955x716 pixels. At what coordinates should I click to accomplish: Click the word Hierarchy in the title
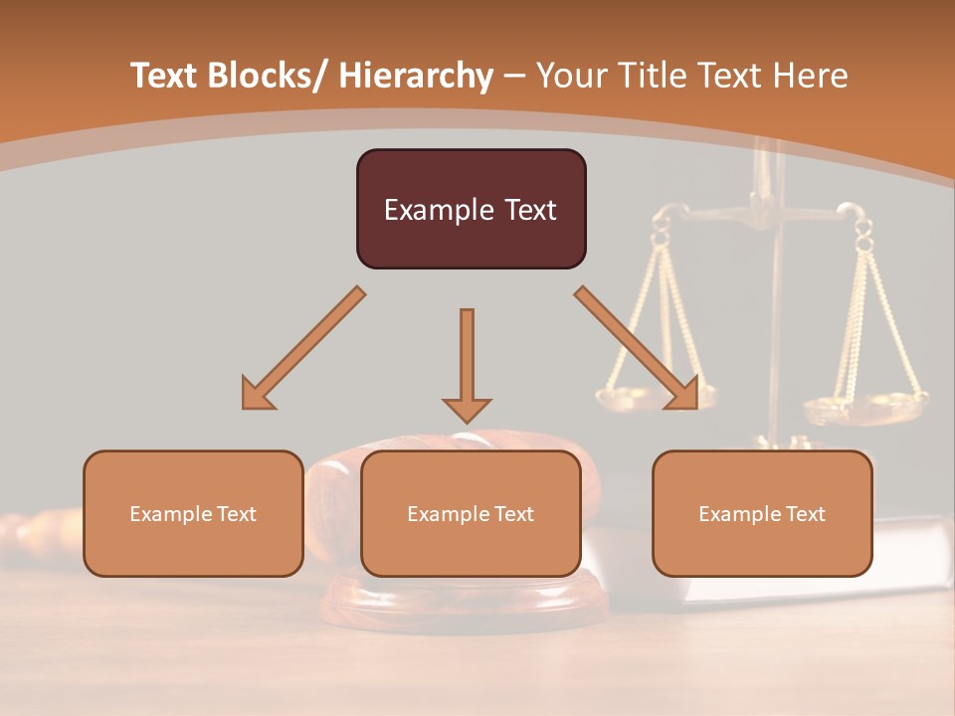pyautogui.click(x=416, y=77)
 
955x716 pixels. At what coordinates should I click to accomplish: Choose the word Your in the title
pyautogui.click(x=568, y=77)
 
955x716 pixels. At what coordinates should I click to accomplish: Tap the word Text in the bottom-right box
pyautogui.click(x=804, y=514)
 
